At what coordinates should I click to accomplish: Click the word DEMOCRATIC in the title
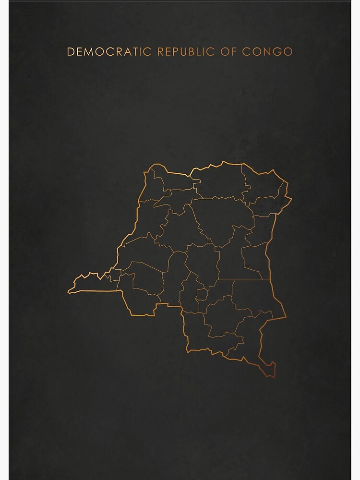coord(109,51)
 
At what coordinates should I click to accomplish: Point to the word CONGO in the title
coord(267,51)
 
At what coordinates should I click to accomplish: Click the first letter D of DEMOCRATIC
coord(71,51)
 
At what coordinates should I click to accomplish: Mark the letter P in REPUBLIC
coord(175,51)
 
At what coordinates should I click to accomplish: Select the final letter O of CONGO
coord(288,51)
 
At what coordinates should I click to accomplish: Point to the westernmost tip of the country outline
coord(68,290)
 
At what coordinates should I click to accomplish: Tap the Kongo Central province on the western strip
coord(96,283)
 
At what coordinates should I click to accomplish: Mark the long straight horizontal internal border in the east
coord(242,280)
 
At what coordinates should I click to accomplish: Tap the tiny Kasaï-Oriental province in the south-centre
coord(202,294)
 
